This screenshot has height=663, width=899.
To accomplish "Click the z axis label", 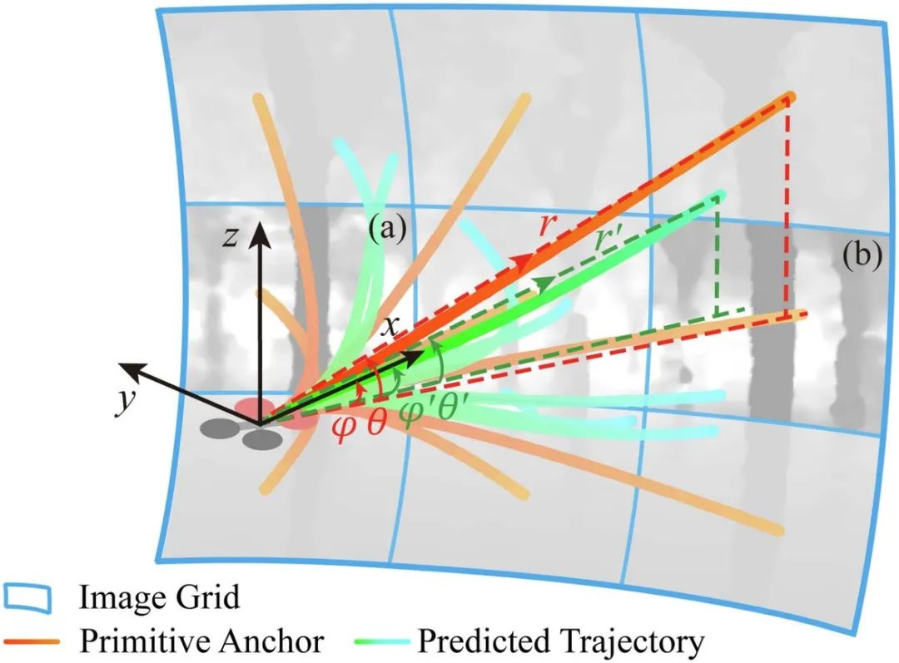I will pyautogui.click(x=232, y=238).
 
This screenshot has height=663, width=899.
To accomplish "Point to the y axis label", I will pyautogui.click(x=125, y=401).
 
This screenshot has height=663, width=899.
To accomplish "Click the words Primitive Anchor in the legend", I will pyautogui.click(x=201, y=641).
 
